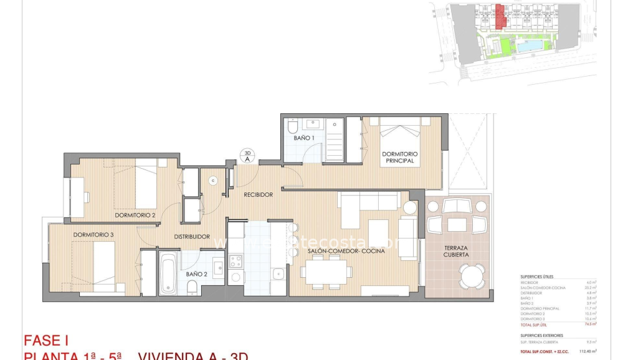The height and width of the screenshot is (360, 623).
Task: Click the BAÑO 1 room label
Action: click(304, 138)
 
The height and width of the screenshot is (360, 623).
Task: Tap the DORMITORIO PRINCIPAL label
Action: click(399, 157)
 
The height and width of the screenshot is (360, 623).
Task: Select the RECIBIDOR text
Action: click(258, 195)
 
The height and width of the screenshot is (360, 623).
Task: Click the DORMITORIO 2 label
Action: click(135, 216)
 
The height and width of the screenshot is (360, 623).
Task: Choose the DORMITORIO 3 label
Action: click(93, 235)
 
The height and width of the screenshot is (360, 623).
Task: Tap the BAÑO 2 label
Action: click(196, 274)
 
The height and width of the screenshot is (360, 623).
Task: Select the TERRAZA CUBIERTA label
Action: click(456, 251)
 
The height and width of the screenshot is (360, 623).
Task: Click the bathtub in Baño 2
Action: click(168, 273)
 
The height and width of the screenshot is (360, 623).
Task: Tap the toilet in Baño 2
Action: click(193, 287)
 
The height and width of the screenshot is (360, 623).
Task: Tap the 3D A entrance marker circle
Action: click(247, 155)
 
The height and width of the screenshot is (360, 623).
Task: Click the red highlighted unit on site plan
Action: click(500, 16)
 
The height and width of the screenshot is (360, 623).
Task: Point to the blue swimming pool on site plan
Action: click(530, 46)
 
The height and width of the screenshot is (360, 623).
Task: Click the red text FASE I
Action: click(45, 341)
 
